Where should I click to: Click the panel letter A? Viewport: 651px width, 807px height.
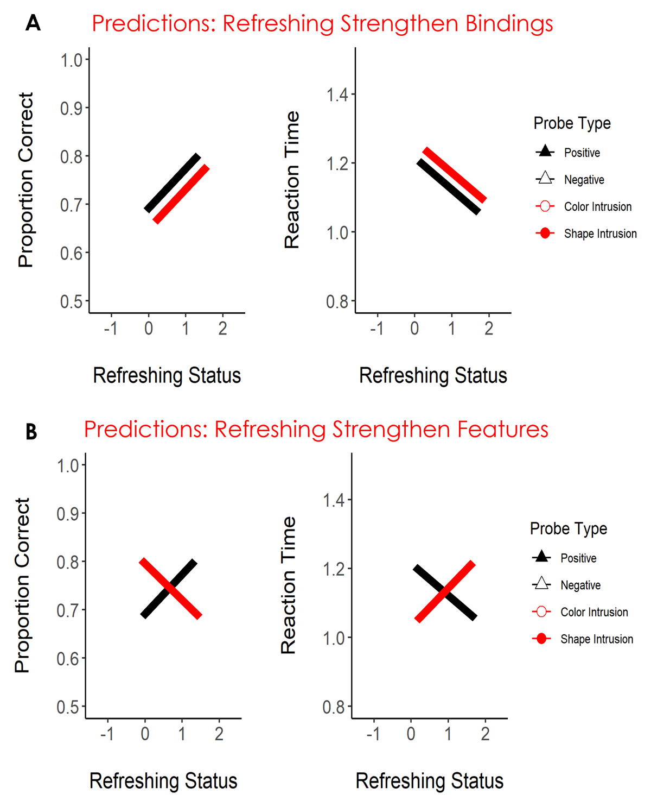tap(33, 23)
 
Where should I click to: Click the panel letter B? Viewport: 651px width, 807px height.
tap(31, 432)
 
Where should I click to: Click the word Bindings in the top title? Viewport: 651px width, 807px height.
tap(509, 24)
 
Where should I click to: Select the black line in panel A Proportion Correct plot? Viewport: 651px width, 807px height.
tap(173, 183)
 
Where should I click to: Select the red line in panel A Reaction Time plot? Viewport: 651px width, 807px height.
tap(455, 175)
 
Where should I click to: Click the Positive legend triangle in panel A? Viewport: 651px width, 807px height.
tap(545, 152)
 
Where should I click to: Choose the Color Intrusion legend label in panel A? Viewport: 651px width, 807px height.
tap(598, 207)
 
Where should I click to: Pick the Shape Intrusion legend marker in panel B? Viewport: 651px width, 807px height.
tap(541, 639)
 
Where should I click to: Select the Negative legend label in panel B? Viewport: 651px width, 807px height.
tap(580, 585)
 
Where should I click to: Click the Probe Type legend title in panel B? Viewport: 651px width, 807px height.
tap(569, 528)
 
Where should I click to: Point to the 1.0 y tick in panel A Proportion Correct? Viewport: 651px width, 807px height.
tap(71, 60)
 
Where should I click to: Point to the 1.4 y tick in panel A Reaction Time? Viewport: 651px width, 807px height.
tap(337, 95)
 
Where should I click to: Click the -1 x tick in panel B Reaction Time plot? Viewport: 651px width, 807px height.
tap(373, 734)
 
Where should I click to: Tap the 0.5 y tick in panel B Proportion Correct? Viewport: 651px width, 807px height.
tap(68, 707)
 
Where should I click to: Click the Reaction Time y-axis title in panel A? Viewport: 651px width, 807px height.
tap(292, 180)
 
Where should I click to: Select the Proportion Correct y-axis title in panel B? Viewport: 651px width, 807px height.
tap(22, 585)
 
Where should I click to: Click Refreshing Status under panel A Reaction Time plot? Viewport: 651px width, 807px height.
tap(433, 376)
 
